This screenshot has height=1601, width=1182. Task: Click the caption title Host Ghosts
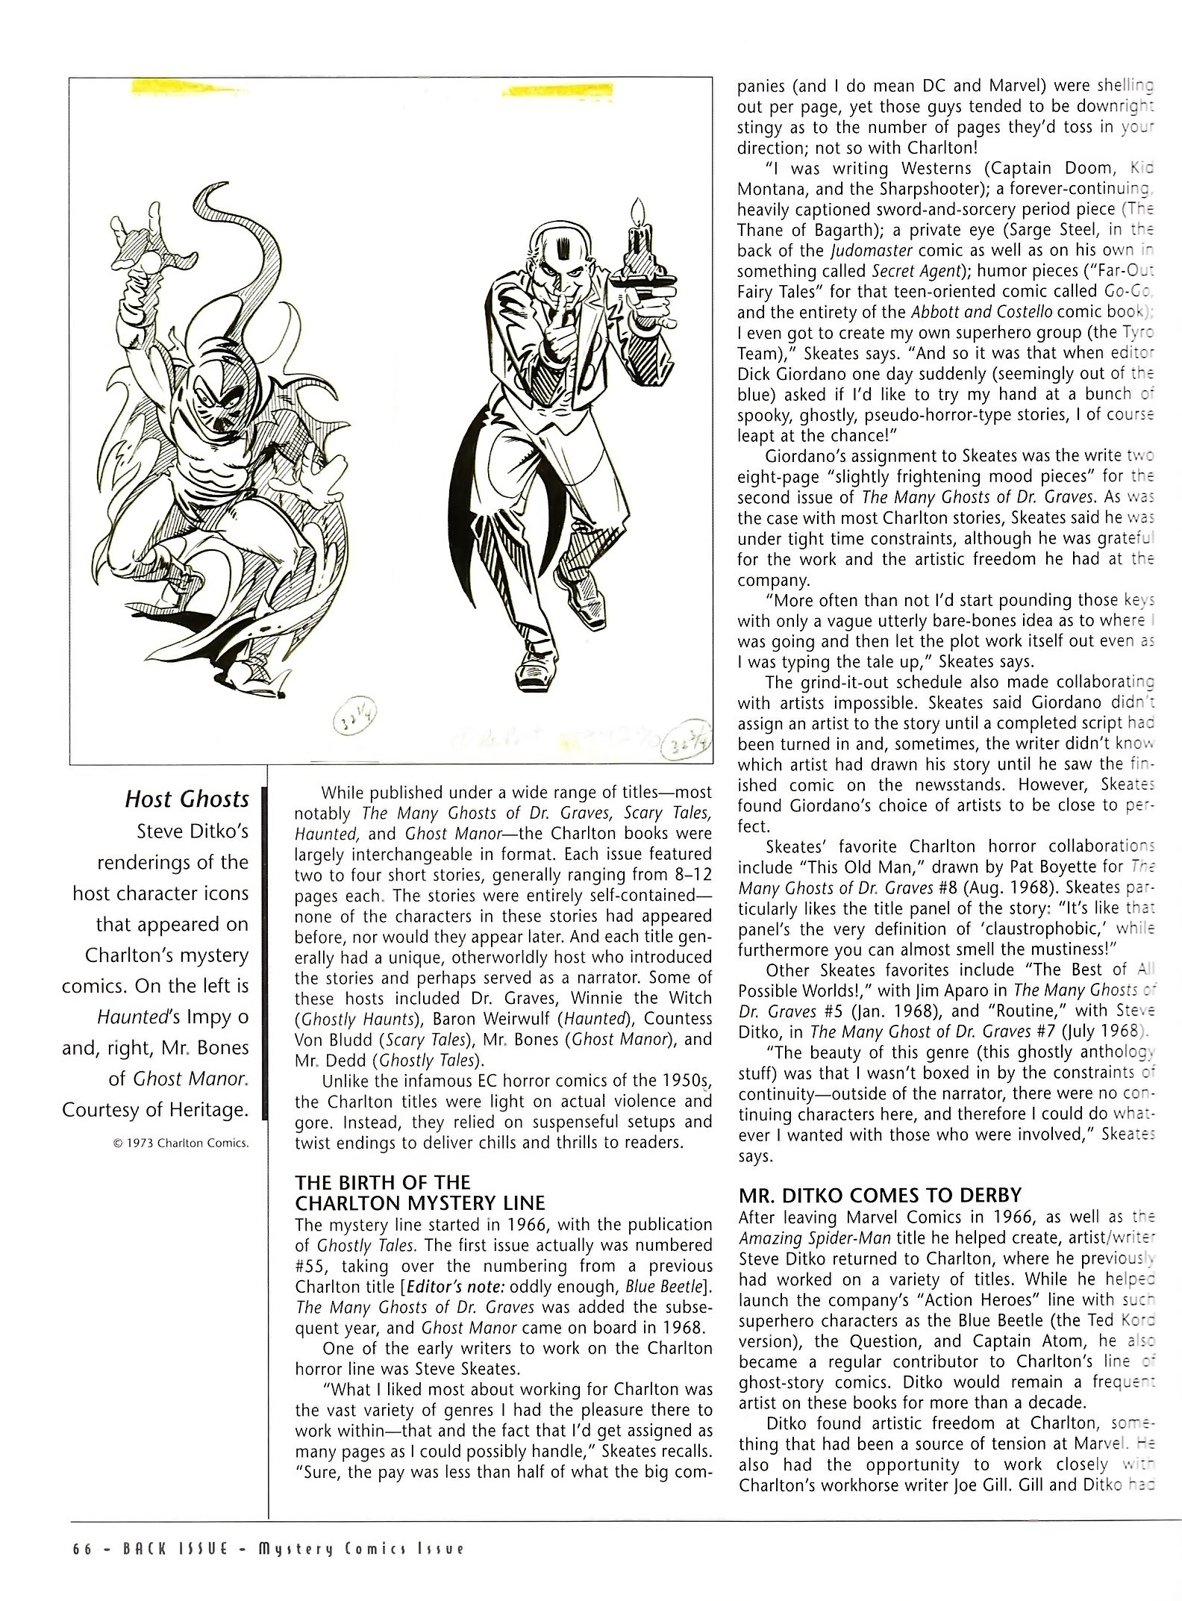187,799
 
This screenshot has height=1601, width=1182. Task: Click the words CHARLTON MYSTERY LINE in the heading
419,1203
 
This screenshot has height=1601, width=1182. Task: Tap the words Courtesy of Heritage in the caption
155,1110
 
